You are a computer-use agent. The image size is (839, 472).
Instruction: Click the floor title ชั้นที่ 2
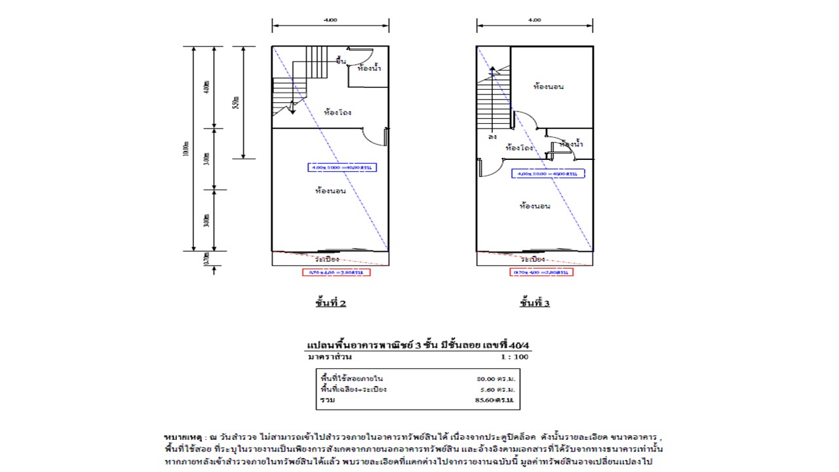[330, 303]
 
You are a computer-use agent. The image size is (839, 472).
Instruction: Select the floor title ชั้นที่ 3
[535, 303]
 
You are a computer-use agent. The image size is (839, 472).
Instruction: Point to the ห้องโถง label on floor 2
[338, 112]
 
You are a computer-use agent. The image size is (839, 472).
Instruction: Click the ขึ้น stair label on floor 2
[340, 61]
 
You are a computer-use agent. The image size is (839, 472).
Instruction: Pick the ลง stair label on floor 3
[492, 137]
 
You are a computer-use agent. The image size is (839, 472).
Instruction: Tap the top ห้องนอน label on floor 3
[549, 87]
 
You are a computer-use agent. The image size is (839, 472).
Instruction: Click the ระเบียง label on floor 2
[330, 259]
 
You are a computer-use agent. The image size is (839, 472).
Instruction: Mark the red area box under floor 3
[541, 272]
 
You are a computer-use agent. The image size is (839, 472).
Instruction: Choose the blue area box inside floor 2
[342, 168]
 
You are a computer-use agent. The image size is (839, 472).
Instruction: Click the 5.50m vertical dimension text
[236, 103]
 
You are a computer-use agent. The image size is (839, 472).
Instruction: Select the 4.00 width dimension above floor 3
[535, 20]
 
